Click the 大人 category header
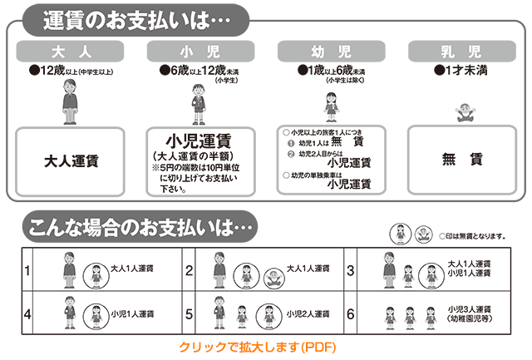pyautogui.click(x=70, y=52)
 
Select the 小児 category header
pyautogui.click(x=200, y=52)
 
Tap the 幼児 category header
pyautogui.click(x=331, y=52)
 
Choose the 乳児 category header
pyautogui.click(x=462, y=52)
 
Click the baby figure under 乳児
pyautogui.click(x=465, y=112)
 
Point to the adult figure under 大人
pyautogui.click(x=70, y=101)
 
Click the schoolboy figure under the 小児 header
pyautogui.click(x=199, y=105)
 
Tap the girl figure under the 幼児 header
pyautogui.click(x=332, y=107)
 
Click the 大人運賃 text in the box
pyautogui.click(x=71, y=161)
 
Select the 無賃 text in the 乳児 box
pyautogui.click(x=462, y=159)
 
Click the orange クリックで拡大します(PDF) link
pyautogui.click(x=258, y=347)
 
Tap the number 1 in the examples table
pyautogui.click(x=27, y=270)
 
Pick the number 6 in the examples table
pyautogui.click(x=351, y=313)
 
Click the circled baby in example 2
pyautogui.click(x=274, y=279)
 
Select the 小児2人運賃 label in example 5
pyautogui.click(x=308, y=313)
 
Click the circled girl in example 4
pyautogui.click(x=96, y=317)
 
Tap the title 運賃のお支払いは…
pyautogui.click(x=136, y=20)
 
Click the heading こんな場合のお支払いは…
pyautogui.click(x=140, y=227)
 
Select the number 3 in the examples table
pyautogui.click(x=351, y=270)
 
